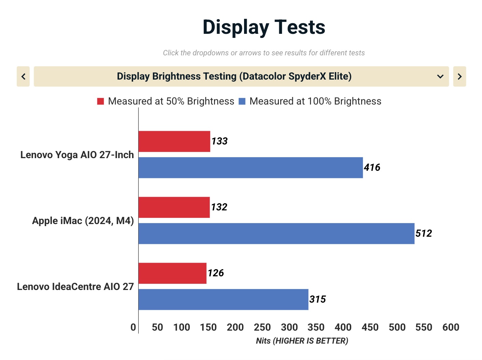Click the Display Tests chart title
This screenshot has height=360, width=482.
(x=264, y=27)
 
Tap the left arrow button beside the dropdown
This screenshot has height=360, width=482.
(x=23, y=77)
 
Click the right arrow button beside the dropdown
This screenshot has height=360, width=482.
(x=459, y=77)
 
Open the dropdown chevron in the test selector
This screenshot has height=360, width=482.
(x=440, y=77)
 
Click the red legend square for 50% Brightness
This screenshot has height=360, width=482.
(x=100, y=101)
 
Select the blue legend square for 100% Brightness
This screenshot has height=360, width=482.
(x=242, y=101)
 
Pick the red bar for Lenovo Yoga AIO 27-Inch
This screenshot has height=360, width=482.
(x=174, y=141)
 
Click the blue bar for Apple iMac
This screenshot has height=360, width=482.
(x=277, y=234)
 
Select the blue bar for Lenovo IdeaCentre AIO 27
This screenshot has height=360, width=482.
(x=223, y=300)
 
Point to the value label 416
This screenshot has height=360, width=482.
(x=372, y=168)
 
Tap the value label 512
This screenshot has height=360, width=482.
(x=424, y=234)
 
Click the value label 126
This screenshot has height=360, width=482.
(x=216, y=273)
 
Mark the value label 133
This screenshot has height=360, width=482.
(x=219, y=141)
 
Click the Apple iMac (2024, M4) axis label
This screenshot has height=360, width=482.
(x=83, y=221)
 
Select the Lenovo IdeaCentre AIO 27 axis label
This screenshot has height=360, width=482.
(x=75, y=287)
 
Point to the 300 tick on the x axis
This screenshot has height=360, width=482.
(x=289, y=327)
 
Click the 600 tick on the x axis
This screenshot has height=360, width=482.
(x=451, y=327)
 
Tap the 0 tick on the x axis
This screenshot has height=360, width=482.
(x=133, y=327)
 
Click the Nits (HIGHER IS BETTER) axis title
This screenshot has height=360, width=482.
(x=302, y=341)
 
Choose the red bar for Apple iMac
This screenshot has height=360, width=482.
(x=174, y=207)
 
